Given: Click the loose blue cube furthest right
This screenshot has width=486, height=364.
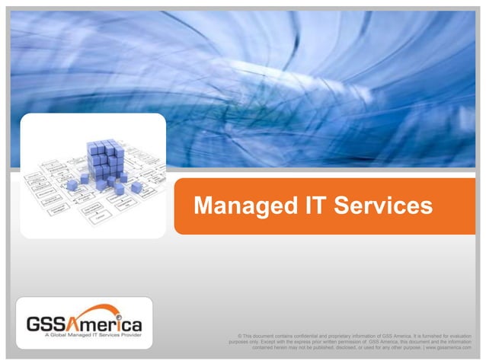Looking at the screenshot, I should click(x=137, y=187).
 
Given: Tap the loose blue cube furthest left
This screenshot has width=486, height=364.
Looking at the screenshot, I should click(x=72, y=185).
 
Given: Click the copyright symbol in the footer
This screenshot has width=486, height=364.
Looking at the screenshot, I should click(x=240, y=336).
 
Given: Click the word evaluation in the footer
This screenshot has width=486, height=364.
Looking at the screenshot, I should click(x=456, y=336).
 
